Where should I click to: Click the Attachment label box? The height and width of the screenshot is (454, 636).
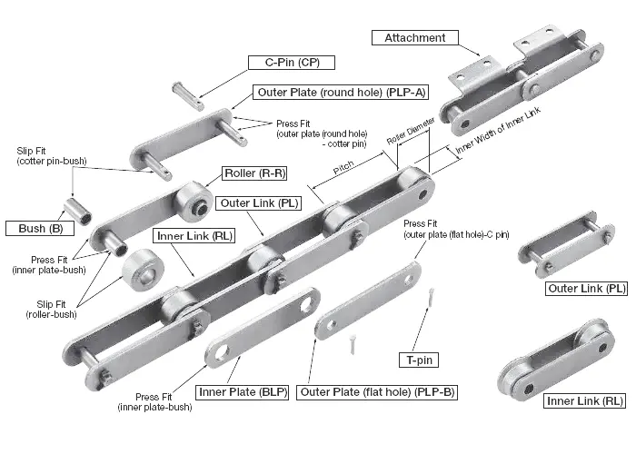pyautogui.click(x=414, y=38)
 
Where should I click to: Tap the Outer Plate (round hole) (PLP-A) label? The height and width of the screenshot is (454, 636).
pyautogui.click(x=343, y=93)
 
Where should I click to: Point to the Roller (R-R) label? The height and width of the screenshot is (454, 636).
pyautogui.click(x=254, y=173)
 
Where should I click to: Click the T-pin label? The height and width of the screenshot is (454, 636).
pyautogui.click(x=418, y=360)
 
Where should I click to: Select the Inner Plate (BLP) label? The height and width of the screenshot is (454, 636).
pyautogui.click(x=242, y=392)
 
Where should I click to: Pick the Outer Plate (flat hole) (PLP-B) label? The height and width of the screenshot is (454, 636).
pyautogui.click(x=378, y=392)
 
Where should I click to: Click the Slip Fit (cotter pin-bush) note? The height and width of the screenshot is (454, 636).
pyautogui.click(x=51, y=155)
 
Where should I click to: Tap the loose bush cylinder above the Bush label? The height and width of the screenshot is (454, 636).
pyautogui.click(x=78, y=208)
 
